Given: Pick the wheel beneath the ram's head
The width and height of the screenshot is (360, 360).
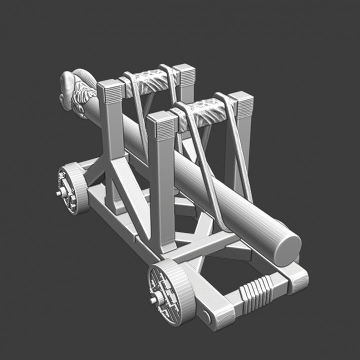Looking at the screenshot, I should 73,188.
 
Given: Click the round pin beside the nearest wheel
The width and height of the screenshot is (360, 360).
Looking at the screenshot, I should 206,316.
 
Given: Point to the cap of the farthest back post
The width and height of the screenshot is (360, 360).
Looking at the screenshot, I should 184,75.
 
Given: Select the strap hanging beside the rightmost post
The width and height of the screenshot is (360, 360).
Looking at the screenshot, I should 238,150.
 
